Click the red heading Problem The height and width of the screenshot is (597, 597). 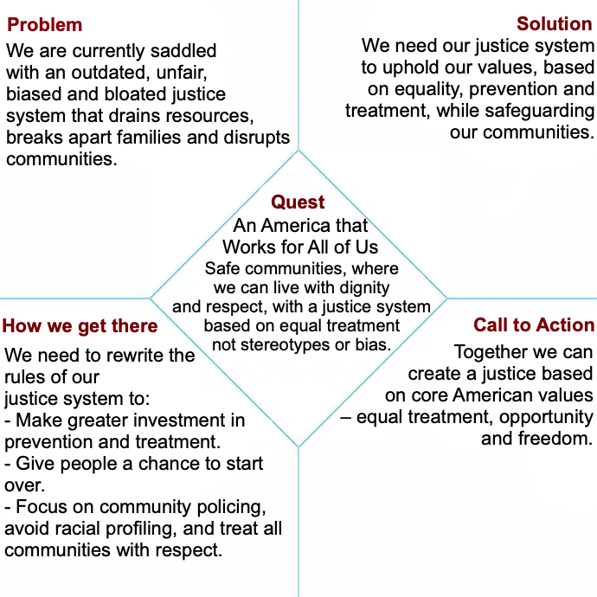[45, 25]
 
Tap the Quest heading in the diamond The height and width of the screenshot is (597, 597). [298, 202]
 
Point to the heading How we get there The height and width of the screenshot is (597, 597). [80, 326]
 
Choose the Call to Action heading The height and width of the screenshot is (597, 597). [534, 325]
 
